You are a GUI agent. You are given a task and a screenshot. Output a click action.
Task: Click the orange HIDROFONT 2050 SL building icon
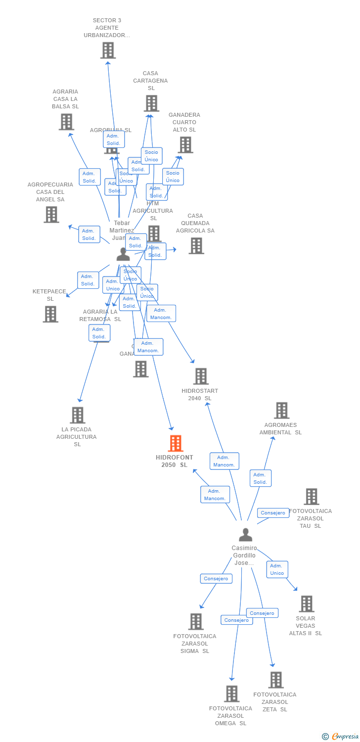(x=176, y=443)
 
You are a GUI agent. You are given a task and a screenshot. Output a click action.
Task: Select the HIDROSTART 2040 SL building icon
(x=201, y=376)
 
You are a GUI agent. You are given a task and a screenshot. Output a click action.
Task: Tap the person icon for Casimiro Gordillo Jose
(x=245, y=535)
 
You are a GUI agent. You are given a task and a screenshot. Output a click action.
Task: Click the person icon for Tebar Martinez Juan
(x=123, y=254)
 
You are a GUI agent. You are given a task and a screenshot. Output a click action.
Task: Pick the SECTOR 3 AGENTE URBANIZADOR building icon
(x=108, y=50)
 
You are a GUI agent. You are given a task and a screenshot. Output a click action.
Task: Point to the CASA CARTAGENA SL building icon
(x=151, y=103)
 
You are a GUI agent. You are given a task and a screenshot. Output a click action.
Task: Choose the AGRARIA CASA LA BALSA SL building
(x=66, y=122)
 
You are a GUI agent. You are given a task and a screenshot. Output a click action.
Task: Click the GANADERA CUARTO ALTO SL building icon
(x=185, y=145)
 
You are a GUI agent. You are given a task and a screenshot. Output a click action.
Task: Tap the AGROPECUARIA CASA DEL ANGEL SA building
(x=51, y=215)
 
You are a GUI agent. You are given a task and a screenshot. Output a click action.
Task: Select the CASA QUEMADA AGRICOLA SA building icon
(x=196, y=246)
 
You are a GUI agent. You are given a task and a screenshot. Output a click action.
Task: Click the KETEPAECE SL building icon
(x=50, y=314)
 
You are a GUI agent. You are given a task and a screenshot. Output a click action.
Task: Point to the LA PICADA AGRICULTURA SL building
(x=77, y=415)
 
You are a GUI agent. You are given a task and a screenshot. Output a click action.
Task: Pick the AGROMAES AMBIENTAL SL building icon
(x=281, y=411)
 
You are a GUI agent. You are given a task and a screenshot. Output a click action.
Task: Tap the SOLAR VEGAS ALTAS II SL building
(x=307, y=604)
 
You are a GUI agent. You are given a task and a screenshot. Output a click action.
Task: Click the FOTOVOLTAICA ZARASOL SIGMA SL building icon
(x=196, y=622)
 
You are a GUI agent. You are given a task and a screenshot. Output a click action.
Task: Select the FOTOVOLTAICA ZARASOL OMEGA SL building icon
(x=231, y=694)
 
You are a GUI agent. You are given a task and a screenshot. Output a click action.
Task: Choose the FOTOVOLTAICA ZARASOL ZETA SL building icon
(x=276, y=680)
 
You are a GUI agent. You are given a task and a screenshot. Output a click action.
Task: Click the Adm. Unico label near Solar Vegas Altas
(x=277, y=569)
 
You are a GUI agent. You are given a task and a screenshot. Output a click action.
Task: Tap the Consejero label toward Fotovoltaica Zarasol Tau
(x=273, y=513)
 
